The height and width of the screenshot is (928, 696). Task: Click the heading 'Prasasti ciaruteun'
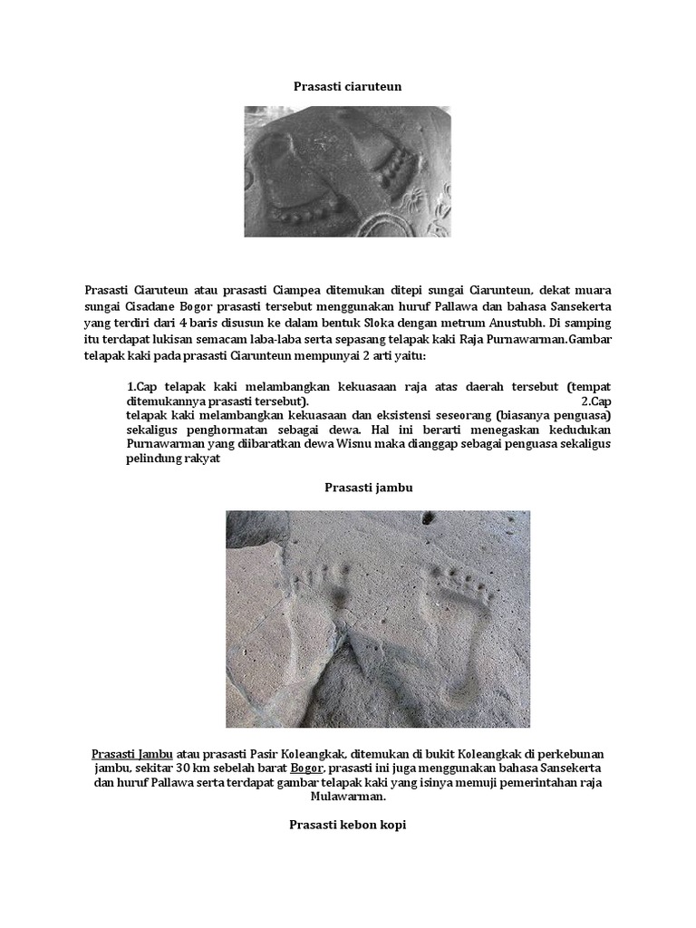347,86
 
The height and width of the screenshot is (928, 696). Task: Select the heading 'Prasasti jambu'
356,487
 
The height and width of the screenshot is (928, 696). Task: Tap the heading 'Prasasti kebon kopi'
348,824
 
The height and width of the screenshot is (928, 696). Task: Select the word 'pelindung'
154,459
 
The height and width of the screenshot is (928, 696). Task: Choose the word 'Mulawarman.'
347,798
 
